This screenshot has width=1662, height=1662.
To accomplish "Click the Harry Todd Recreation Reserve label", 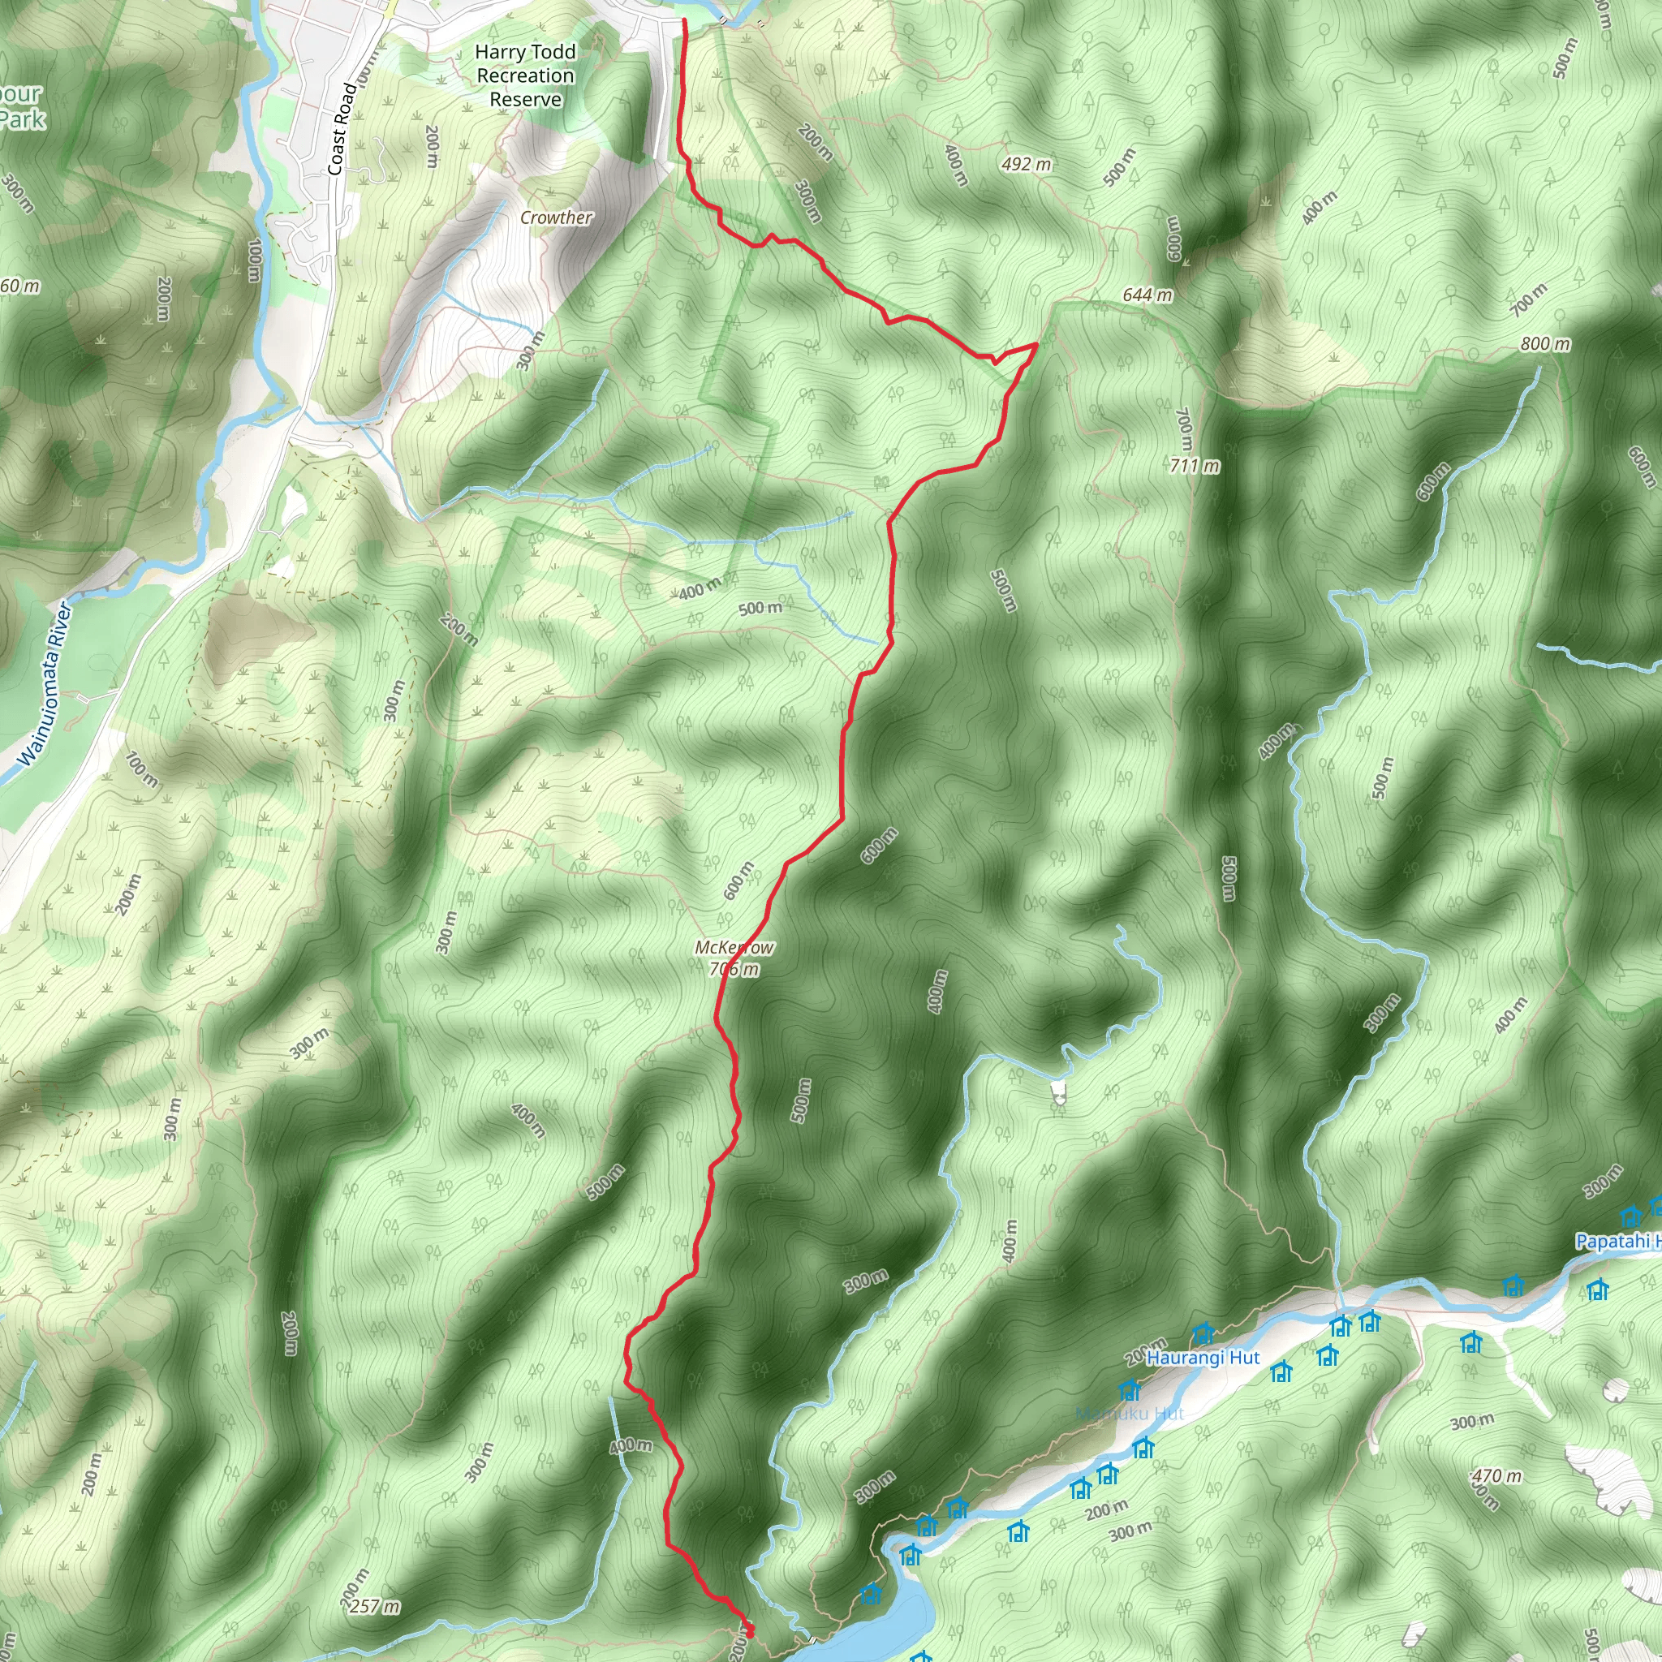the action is coord(525,75).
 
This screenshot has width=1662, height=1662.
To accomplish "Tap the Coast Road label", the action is coord(342,129).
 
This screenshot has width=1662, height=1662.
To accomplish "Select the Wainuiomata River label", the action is coord(45,684).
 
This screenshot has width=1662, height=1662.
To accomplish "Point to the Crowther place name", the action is coord(556,217).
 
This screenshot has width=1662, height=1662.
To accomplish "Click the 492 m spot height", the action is coord(1027,163).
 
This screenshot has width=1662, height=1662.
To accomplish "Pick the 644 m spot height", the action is coord(1147,295).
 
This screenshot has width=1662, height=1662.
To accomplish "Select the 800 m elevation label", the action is coord(1545,344).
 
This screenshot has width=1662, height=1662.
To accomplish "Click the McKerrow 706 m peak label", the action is coord(734,958).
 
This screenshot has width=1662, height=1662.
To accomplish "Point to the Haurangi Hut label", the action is coord(1203,1358).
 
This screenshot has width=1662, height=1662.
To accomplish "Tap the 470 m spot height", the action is coord(1496,1476).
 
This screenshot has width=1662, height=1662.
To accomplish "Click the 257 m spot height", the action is coord(375,1606).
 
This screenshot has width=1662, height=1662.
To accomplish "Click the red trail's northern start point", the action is coord(685,19).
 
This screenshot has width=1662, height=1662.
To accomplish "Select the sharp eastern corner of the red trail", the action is coord(1036,344).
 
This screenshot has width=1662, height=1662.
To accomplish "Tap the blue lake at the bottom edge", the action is coord(894,1617).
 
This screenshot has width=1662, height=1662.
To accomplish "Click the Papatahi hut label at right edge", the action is coord(1617,1242).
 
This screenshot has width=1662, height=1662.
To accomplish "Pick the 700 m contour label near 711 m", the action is coord(1185,430).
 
